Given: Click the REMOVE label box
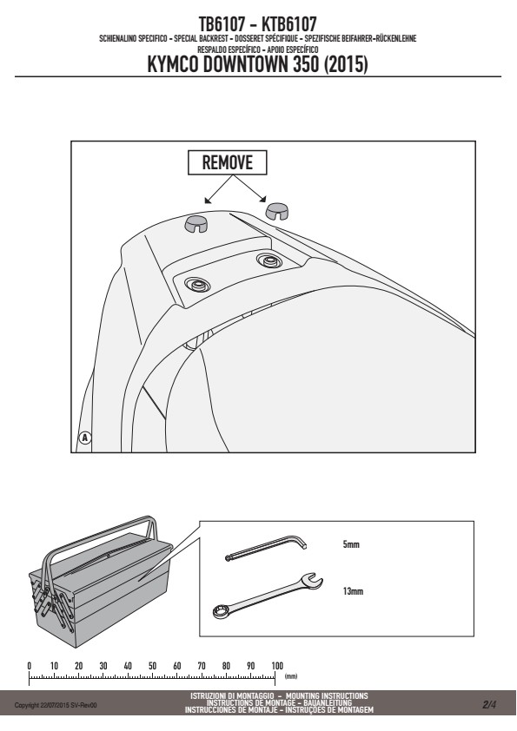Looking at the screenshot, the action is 228,162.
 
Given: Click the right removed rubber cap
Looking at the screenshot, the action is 277,211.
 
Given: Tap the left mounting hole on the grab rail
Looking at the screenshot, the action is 197,284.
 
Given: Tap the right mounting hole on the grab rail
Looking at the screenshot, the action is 269,260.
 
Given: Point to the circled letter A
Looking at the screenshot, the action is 84,438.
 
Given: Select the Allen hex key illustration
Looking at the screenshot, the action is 265,547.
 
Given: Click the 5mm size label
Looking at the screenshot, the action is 351,544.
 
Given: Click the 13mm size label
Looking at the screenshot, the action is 353,591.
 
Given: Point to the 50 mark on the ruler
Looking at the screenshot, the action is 152,666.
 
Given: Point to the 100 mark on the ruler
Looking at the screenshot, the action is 276,666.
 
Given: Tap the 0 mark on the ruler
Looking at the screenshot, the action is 30,666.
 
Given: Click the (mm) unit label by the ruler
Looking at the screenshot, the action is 291,676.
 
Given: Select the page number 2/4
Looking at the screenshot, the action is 489,704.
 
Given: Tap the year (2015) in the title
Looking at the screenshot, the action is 345,64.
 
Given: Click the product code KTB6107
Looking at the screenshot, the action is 288,23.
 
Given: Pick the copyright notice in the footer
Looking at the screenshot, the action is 56,705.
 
